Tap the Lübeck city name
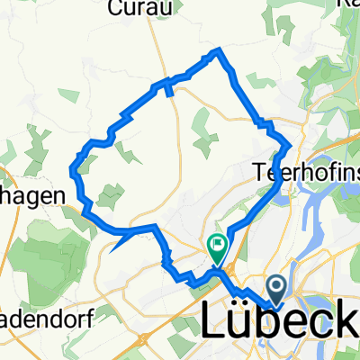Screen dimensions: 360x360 [x=274, y=323]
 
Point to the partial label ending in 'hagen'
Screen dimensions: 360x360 [x=31, y=195]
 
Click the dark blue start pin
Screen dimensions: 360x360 [x=276, y=290]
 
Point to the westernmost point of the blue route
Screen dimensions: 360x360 [x=72, y=167]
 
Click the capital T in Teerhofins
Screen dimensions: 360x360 [x=260, y=168]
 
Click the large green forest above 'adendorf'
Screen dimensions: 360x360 [x=45, y=243]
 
